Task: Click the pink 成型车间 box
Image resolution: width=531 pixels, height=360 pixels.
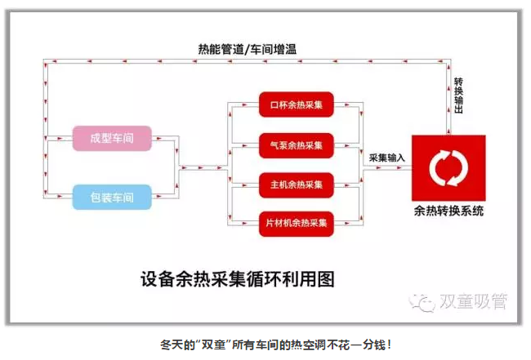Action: tap(112, 138)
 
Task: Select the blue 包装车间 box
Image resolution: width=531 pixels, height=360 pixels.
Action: tap(112, 197)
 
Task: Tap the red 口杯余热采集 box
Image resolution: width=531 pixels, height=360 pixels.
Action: tap(297, 104)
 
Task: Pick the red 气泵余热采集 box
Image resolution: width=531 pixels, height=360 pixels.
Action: tap(297, 145)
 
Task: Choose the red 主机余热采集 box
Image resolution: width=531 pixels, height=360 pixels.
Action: tap(297, 184)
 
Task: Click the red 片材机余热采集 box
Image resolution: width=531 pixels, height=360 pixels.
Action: tap(297, 223)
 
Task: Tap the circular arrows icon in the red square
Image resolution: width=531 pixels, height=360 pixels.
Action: tap(448, 167)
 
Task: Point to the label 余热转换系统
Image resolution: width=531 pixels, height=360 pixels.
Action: tap(448, 211)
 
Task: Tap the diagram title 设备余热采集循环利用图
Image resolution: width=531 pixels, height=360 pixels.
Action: tap(238, 278)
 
